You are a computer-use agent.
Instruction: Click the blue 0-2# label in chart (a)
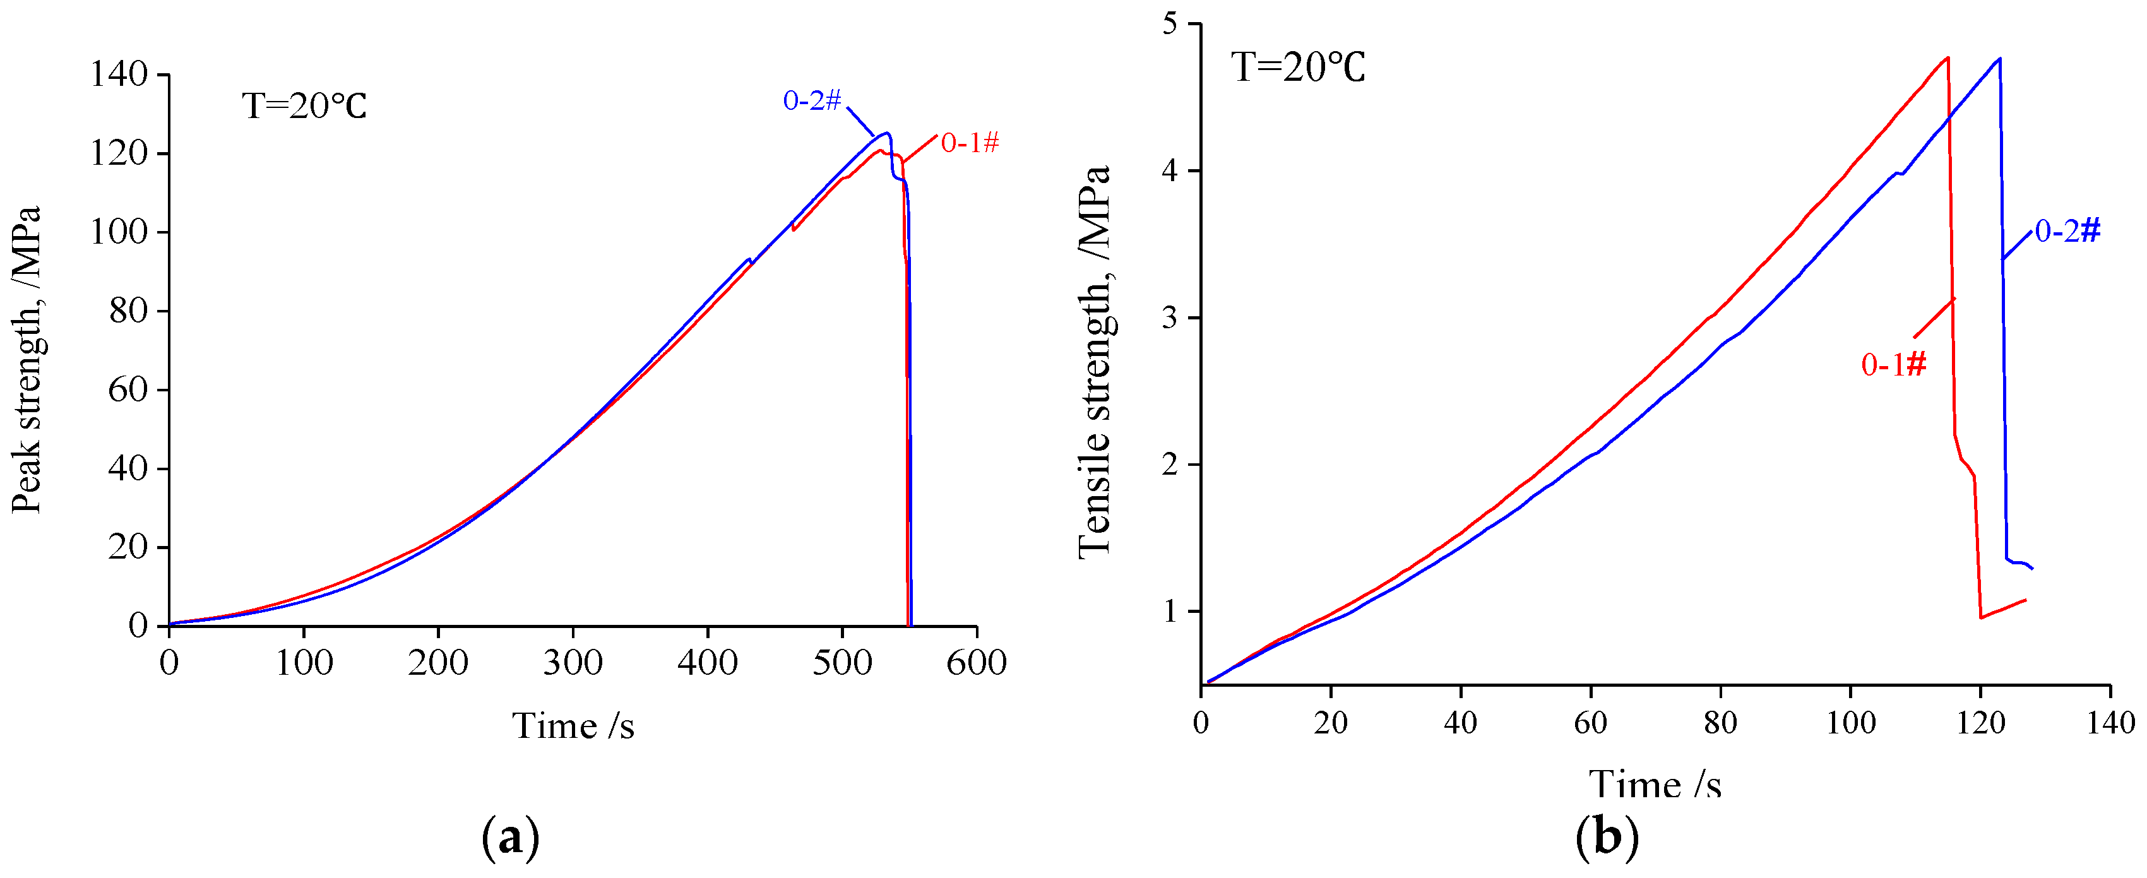coord(812,101)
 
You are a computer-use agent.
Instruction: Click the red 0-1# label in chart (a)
coord(969,143)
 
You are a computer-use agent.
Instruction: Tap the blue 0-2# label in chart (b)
coord(2067,231)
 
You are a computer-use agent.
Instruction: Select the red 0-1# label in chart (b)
coord(1894,364)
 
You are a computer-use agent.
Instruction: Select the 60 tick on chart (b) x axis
coord(1590,722)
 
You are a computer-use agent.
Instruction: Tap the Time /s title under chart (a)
coord(573,725)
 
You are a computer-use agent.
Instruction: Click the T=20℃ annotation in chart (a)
coord(304,106)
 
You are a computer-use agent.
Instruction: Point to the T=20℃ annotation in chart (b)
coord(1299,67)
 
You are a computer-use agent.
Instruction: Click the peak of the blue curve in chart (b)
coord(1999,58)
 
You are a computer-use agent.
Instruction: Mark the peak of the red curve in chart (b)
coord(1947,57)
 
